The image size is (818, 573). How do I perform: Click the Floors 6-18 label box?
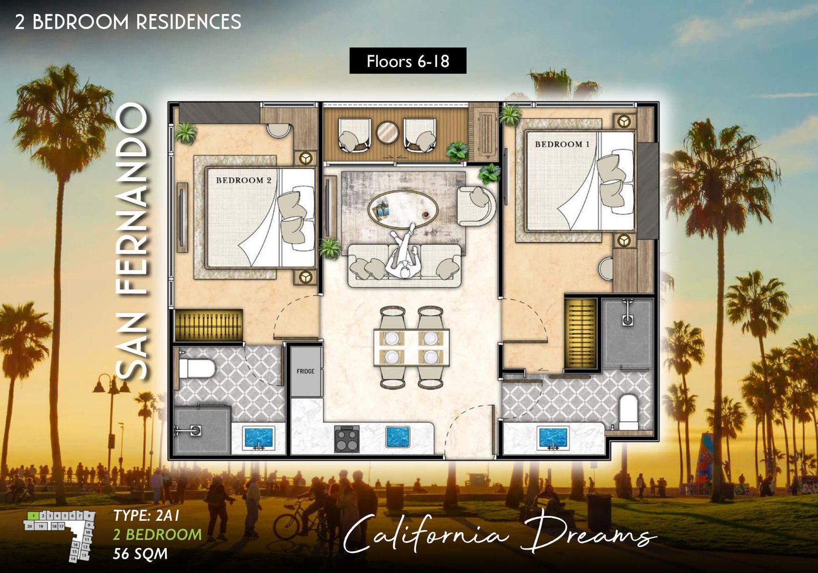tap(407, 61)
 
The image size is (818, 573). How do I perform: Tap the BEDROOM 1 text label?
tap(562, 145)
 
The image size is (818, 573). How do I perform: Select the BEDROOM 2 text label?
tap(243, 180)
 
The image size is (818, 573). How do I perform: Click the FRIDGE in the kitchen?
tap(306, 372)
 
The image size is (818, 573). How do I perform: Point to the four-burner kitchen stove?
tap(347, 439)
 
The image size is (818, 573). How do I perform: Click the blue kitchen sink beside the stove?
tap(398, 437)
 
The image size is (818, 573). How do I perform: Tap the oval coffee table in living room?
tap(403, 208)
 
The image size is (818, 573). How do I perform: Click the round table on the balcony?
tap(388, 132)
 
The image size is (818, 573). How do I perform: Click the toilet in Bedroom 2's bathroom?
tap(197, 368)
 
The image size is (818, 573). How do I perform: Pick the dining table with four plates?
tap(412, 348)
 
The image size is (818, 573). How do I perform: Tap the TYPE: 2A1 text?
tap(147, 515)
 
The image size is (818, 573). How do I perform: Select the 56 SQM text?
tap(140, 554)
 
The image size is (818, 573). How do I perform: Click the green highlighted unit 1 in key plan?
tap(33, 516)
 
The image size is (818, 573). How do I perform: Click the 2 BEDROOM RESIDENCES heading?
tap(128, 22)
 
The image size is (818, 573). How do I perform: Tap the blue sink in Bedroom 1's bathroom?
tap(553, 438)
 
